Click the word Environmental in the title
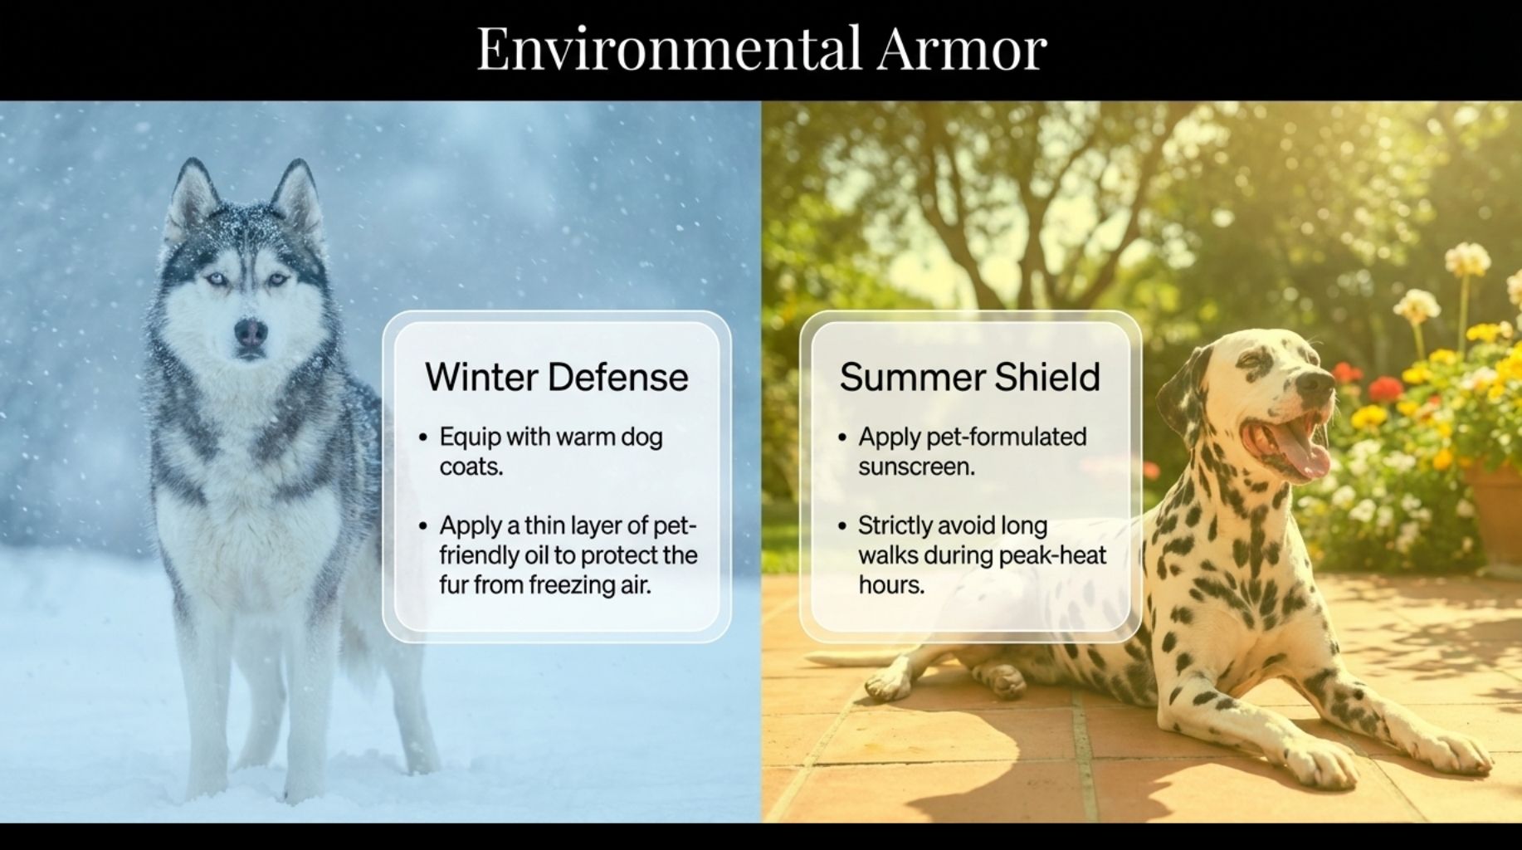pos(669,48)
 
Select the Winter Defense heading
pos(556,377)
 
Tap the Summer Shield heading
pos(969,377)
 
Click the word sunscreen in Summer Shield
pos(916,467)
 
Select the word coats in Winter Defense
pos(471,467)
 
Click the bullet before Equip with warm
pos(423,437)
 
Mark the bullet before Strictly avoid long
pos(842,526)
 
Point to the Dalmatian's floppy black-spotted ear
pos(1183,390)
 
